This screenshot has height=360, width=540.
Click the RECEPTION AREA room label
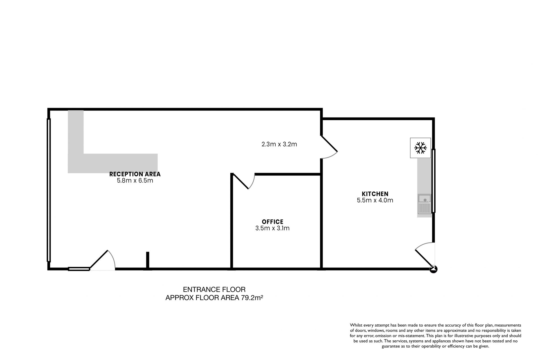(135, 174)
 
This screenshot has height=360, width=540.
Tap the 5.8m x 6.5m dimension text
(135, 181)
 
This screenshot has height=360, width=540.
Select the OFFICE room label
(273, 222)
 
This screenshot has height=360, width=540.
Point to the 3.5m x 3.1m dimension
(273, 228)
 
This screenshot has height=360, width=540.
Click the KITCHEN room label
(375, 194)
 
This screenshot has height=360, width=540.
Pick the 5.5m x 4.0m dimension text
(375, 200)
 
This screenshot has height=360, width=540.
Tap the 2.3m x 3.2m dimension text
(279, 144)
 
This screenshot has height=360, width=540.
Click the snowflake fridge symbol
(420, 148)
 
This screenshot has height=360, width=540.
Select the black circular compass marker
(434, 269)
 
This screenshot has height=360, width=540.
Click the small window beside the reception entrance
(79, 269)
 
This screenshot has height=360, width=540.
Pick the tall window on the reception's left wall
(49, 190)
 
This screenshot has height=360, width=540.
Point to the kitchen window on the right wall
(433, 181)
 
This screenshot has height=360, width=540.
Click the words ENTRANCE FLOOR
(214, 289)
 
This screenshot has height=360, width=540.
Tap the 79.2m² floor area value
(252, 298)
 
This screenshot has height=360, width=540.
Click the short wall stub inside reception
(148, 260)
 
